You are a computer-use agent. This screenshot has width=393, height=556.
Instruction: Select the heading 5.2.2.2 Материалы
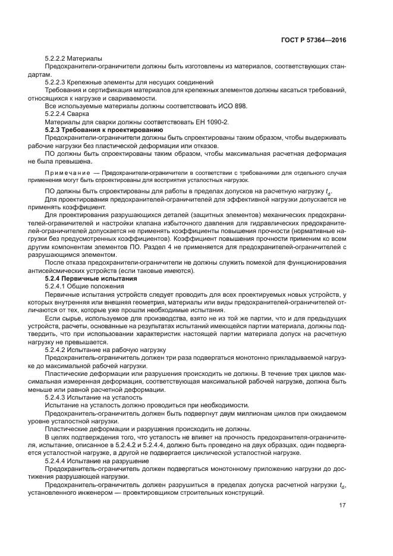tap(73, 58)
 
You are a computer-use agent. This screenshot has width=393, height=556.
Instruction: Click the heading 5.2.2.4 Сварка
tap(67, 113)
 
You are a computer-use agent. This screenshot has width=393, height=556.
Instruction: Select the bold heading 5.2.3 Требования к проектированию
tap(99, 128)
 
